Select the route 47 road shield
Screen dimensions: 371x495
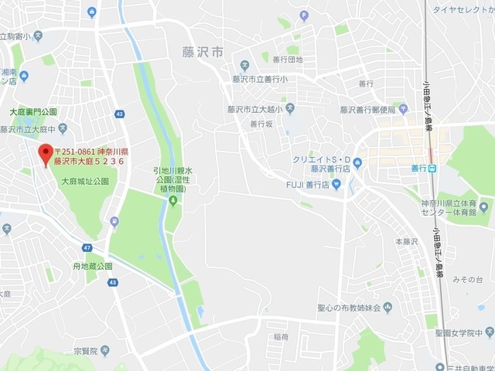tap(87, 248)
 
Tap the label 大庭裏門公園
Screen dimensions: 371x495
tap(33, 112)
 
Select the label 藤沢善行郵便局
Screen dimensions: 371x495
tap(367, 110)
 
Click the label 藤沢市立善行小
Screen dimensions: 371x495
tap(259, 78)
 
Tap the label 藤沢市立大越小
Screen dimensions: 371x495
tap(254, 110)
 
